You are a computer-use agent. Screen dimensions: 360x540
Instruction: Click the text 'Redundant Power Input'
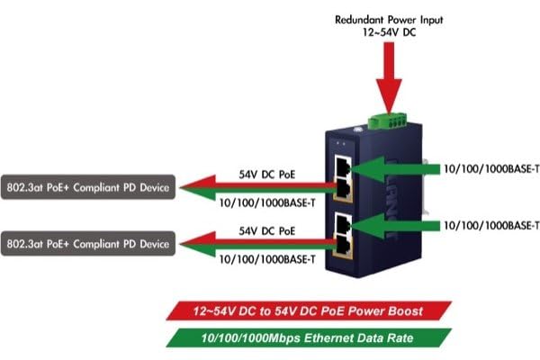click(x=389, y=18)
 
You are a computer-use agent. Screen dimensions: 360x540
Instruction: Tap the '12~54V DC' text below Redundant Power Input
click(x=389, y=32)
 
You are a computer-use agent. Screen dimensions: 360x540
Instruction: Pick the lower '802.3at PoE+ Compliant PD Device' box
click(x=86, y=243)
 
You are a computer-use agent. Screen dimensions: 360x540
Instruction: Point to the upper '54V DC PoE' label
click(x=267, y=173)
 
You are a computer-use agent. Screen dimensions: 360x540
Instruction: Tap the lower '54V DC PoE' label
click(x=267, y=230)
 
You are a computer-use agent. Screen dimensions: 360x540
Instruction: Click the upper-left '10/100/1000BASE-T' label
click(x=267, y=202)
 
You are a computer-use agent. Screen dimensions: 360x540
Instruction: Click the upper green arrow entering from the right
click(x=396, y=167)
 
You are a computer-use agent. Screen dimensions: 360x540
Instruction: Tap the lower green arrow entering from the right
click(x=396, y=224)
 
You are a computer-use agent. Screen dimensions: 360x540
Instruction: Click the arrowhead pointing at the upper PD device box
click(x=191, y=188)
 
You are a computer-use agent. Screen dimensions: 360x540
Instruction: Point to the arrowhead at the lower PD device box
click(x=191, y=244)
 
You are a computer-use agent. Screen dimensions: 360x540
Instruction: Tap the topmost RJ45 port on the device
click(x=342, y=168)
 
